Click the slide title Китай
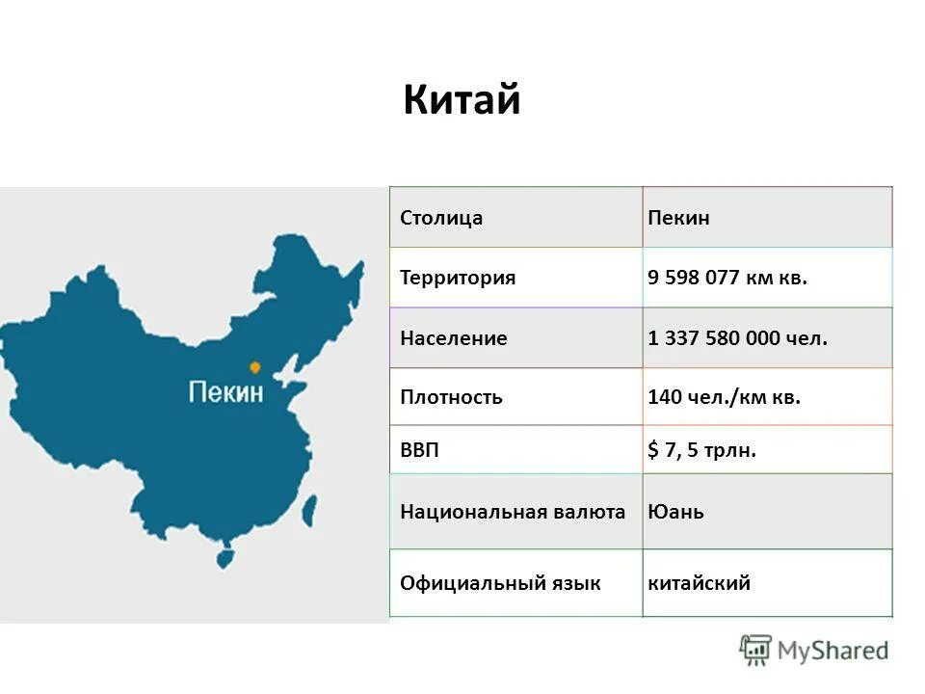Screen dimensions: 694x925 462,99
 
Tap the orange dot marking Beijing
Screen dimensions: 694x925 254,367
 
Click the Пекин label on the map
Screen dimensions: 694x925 225,391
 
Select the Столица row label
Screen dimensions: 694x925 441,218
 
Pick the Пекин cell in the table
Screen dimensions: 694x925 678,218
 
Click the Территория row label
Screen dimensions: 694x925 458,278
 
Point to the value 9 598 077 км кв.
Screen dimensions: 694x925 727,278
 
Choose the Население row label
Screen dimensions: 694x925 454,338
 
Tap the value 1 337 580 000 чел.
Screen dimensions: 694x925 738,338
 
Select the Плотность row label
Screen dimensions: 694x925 451,397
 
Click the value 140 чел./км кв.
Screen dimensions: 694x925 725,397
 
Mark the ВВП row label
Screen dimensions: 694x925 419,450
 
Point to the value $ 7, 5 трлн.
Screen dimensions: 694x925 702,450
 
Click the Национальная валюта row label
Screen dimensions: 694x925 513,512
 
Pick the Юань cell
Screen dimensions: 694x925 675,512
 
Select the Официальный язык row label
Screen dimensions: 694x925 500,583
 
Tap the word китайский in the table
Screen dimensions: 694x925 700,583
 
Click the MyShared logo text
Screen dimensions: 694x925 833,651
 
